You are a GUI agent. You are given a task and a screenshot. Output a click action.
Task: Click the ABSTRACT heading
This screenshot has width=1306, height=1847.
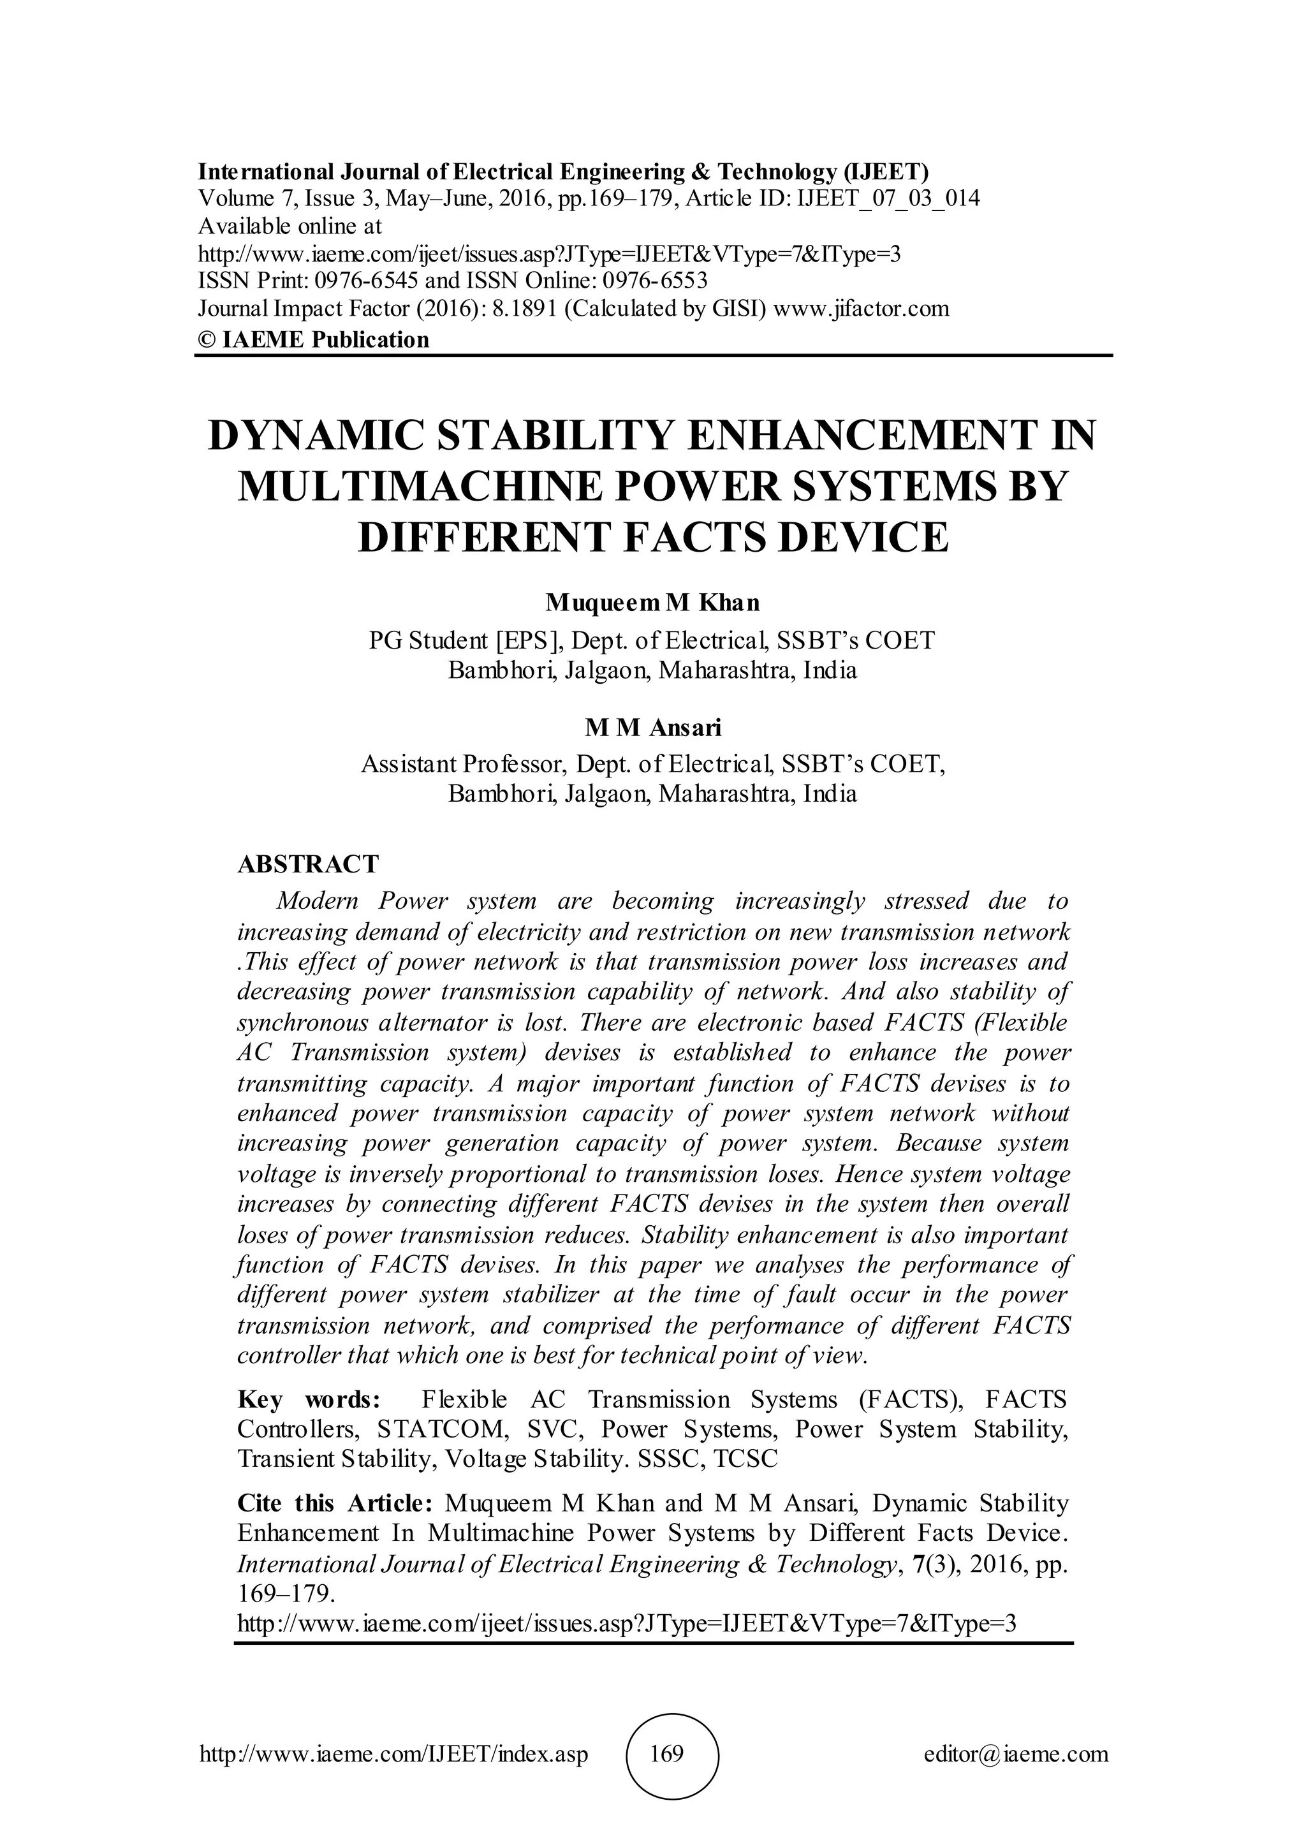[308, 864]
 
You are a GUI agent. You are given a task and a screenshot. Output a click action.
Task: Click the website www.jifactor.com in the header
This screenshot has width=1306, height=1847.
[860, 308]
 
